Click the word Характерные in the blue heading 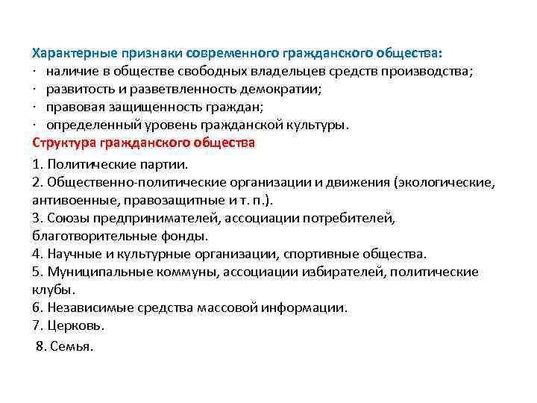point(69,54)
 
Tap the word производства point(430,72)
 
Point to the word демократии point(279,90)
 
